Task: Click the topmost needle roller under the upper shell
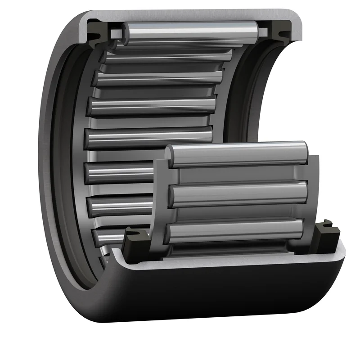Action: (x=189, y=31)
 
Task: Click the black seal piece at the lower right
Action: (x=325, y=232)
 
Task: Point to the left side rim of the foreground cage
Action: (x=160, y=198)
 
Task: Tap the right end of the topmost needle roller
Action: (x=255, y=31)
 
